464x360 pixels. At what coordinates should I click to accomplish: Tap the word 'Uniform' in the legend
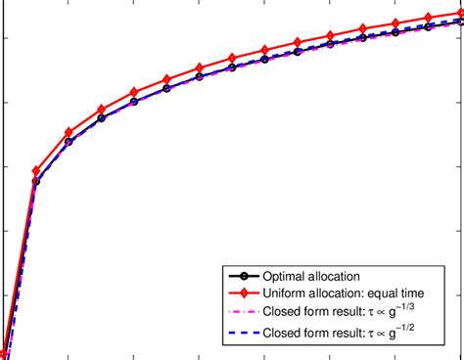coord(286,293)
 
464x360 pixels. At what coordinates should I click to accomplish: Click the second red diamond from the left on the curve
coord(36,171)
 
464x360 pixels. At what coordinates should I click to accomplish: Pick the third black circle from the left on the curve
coord(69,141)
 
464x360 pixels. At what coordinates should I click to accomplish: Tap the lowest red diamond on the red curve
coord(3,354)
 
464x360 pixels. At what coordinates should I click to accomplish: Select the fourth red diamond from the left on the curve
coord(102,110)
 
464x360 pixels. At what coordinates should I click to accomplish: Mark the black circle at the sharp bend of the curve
coord(36,181)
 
